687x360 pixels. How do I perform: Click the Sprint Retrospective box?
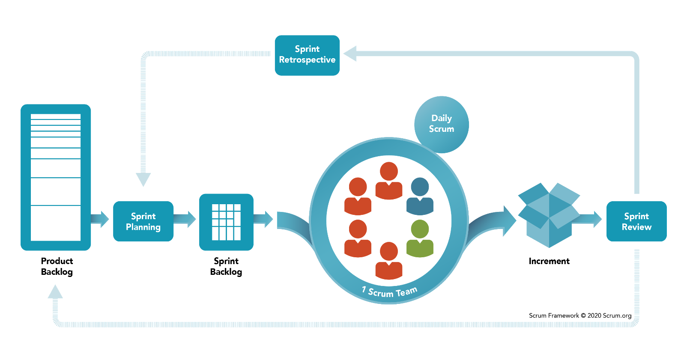(307, 55)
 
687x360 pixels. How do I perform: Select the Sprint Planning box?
(143, 221)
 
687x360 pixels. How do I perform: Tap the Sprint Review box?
(636, 221)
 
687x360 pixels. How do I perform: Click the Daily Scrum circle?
(441, 125)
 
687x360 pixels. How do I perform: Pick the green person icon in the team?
(420, 238)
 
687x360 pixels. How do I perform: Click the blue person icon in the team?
(420, 196)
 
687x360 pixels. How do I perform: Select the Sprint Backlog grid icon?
(226, 222)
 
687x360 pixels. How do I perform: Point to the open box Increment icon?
(549, 215)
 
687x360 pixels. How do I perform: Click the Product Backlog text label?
(57, 266)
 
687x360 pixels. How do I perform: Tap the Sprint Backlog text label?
(226, 266)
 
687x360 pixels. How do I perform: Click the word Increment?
(549, 261)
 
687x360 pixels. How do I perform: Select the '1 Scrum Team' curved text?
(389, 292)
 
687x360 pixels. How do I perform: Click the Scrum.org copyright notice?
(580, 315)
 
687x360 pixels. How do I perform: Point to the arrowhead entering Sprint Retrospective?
(350, 54)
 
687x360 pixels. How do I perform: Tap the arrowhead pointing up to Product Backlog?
(55, 292)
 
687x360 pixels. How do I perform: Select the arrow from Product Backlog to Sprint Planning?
(100, 219)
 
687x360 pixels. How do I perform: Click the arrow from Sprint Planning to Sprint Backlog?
(185, 219)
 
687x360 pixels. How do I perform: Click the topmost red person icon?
(388, 181)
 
